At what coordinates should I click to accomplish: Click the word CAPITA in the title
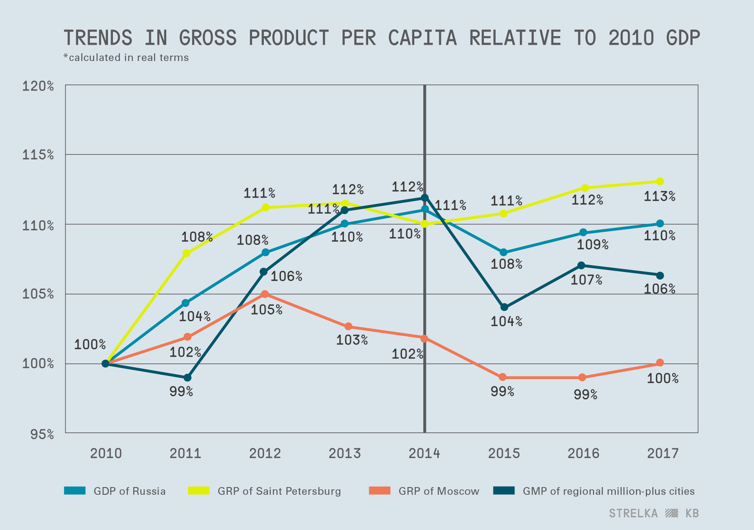click(x=422, y=38)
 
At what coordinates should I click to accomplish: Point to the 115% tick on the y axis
click(x=38, y=155)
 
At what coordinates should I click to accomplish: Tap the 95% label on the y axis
click(x=42, y=434)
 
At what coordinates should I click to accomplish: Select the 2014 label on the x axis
click(x=424, y=453)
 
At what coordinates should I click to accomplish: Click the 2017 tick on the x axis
click(x=663, y=453)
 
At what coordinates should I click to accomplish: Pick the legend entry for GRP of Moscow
click(x=438, y=491)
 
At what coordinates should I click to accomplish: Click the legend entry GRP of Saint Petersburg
click(x=279, y=491)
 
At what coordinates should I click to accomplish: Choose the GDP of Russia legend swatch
click(x=75, y=491)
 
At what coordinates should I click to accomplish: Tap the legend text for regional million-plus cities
click(x=608, y=491)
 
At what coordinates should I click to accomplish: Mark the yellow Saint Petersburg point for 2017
click(x=660, y=182)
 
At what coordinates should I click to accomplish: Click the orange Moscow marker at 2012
click(x=265, y=294)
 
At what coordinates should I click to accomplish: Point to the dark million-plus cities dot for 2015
click(x=504, y=307)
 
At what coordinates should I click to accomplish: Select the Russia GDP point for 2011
click(x=185, y=303)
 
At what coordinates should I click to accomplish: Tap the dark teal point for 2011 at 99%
click(x=187, y=377)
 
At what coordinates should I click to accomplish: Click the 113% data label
click(x=659, y=197)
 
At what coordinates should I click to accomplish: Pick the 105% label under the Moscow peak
click(x=267, y=310)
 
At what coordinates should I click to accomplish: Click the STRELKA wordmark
click(x=633, y=513)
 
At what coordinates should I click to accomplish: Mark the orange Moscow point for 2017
click(x=660, y=363)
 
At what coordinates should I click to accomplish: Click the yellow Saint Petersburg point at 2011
click(x=186, y=253)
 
